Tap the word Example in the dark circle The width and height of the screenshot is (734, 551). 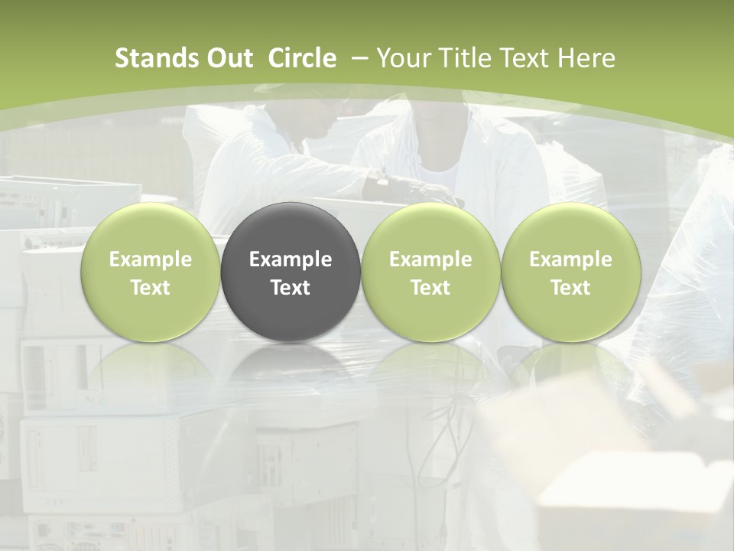point(291,259)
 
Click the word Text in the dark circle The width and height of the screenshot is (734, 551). point(291,288)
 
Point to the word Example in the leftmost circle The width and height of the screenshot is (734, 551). point(151,259)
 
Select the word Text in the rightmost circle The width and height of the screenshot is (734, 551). point(570,288)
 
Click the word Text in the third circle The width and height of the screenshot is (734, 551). point(430,288)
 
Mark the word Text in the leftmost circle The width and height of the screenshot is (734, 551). point(151,288)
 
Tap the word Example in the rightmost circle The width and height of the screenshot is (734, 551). point(570,259)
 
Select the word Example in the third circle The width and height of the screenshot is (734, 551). point(430,259)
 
